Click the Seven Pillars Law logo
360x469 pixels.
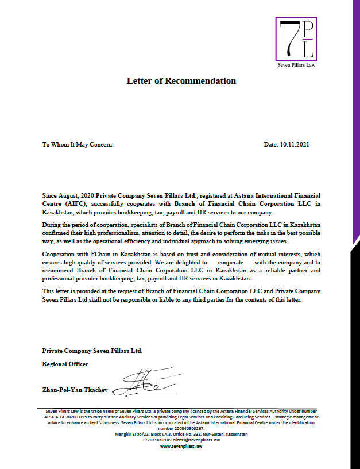[x=296, y=39]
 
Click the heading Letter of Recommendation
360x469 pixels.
[x=181, y=81]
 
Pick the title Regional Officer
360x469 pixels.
[x=65, y=364]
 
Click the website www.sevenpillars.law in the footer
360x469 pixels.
[x=181, y=446]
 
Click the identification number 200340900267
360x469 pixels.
[x=181, y=428]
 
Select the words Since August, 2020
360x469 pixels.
[x=68, y=195]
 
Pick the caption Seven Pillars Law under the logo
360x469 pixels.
[x=296, y=65]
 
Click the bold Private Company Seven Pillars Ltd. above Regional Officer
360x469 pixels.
[x=92, y=350]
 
